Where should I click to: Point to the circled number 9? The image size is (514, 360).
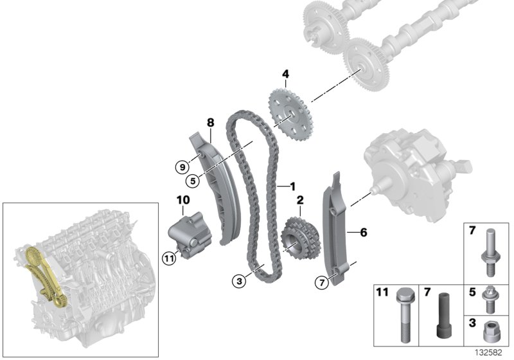[x=182, y=166]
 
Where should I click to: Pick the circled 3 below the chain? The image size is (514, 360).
[x=240, y=280]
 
